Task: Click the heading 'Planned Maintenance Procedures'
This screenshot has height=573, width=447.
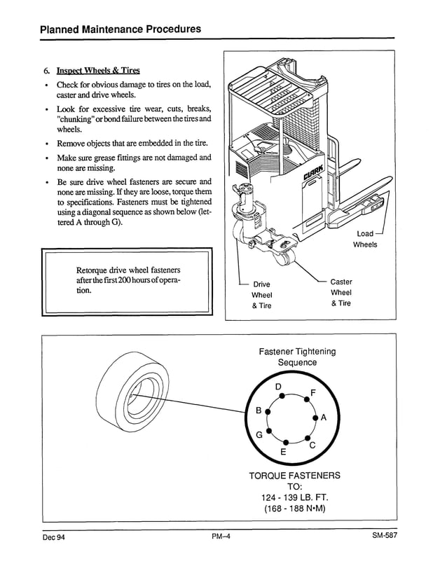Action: tap(121, 29)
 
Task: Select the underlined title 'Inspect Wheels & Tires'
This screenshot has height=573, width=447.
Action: tap(98, 71)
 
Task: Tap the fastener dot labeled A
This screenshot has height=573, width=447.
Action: tap(315, 418)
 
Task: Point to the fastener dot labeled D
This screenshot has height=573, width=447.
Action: tap(282, 396)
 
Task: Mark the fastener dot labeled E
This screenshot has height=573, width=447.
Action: tap(286, 443)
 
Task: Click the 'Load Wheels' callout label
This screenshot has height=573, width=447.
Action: tap(365, 239)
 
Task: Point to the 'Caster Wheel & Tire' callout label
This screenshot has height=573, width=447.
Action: tap(341, 292)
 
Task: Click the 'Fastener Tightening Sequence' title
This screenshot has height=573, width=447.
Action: tap(297, 357)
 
